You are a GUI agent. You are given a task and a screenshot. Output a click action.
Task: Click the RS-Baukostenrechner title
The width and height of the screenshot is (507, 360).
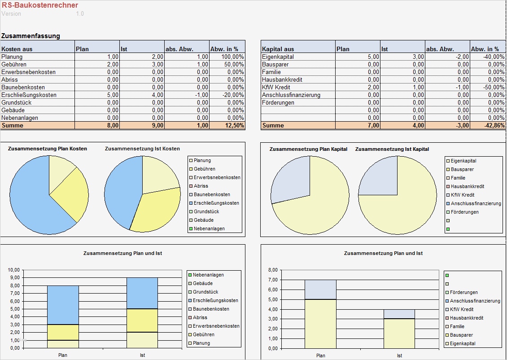pyautogui.click(x=39, y=5)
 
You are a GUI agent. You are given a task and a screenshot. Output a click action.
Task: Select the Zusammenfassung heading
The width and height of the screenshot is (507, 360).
pyautogui.click(x=31, y=36)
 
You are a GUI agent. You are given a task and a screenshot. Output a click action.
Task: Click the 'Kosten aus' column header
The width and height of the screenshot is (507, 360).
pyautogui.click(x=17, y=49)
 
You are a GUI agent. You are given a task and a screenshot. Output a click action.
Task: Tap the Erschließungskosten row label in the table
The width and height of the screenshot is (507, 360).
pyautogui.click(x=29, y=95)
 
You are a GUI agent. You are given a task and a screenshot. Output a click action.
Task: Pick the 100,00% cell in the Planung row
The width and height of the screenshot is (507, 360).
pyautogui.click(x=232, y=57)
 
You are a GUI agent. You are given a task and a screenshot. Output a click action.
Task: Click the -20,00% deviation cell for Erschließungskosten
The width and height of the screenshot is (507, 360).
pyautogui.click(x=232, y=95)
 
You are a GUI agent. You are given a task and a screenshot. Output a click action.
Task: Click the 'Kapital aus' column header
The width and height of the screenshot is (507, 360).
pyautogui.click(x=278, y=49)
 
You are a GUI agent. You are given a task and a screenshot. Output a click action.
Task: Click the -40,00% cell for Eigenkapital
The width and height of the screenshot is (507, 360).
pyautogui.click(x=493, y=57)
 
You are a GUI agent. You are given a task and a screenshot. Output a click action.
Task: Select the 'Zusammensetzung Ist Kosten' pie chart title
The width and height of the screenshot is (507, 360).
pyautogui.click(x=142, y=149)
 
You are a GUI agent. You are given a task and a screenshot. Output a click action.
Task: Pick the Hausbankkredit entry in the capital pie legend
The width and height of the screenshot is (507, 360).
pyautogui.click(x=467, y=186)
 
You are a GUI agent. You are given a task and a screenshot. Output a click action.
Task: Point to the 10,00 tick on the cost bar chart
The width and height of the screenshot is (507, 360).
pyautogui.click(x=14, y=270)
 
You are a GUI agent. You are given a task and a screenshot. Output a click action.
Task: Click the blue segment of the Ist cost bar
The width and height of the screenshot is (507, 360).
pyautogui.click(x=142, y=293)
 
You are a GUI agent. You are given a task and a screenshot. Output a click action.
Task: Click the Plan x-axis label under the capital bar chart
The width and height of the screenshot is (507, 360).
pyautogui.click(x=320, y=356)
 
